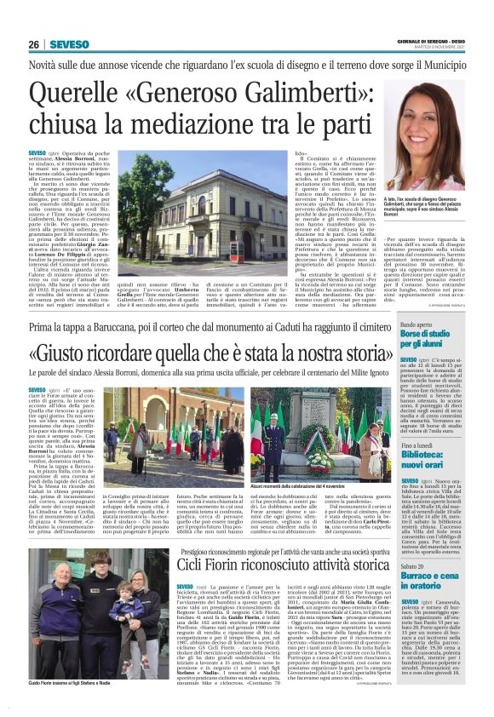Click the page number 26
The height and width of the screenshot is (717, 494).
[x=33, y=44]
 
